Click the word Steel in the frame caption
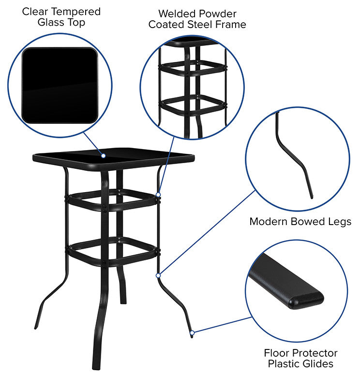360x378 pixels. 208,24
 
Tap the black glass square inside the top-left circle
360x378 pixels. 60,85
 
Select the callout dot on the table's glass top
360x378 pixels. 103,155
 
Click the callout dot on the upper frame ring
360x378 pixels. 158,195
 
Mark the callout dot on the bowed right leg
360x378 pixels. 158,275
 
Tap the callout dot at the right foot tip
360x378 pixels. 192,333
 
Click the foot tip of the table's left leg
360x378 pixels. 35,328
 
